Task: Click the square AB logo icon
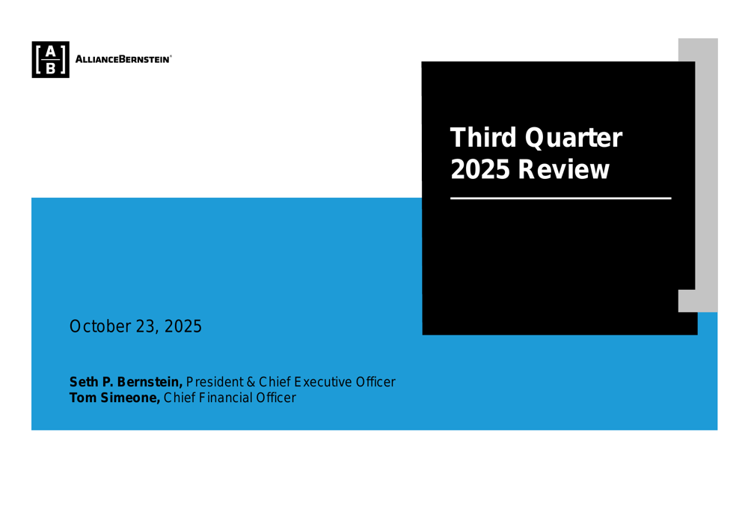50,59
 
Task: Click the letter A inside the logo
50,51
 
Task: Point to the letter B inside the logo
50,68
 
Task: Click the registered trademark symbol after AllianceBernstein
171,56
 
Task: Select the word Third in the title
482,138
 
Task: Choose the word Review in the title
564,170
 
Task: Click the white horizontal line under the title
560,198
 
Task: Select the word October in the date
98,327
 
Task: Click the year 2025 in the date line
183,327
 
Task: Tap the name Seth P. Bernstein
126,382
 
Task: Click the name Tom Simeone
114,398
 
